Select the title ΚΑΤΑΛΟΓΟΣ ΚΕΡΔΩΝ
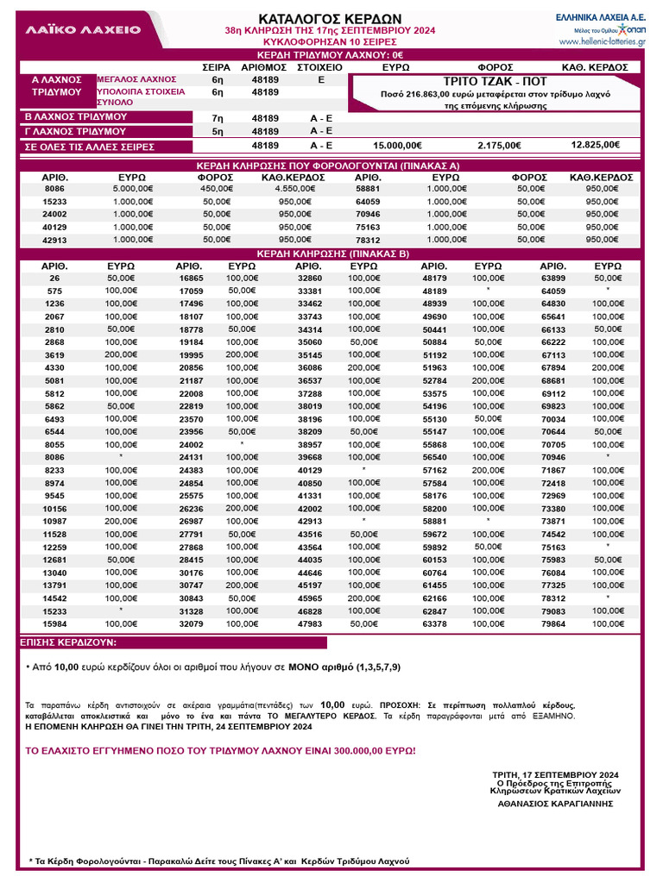click(x=330, y=19)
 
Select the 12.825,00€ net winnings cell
click(x=595, y=145)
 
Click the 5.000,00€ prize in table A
click(x=131, y=188)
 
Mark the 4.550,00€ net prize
click(x=293, y=188)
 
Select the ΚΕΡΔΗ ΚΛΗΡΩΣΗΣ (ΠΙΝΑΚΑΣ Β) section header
click(x=331, y=254)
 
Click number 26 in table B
click(x=54, y=279)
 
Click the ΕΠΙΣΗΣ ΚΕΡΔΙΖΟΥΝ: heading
click(x=69, y=643)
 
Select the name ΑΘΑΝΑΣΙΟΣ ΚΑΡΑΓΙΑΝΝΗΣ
click(x=554, y=803)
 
